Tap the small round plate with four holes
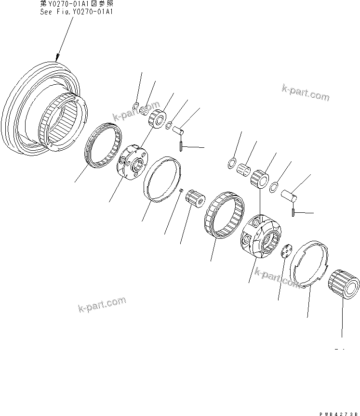[x=287, y=249]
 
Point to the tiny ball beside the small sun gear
[x=180, y=192]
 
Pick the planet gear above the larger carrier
[x=261, y=177]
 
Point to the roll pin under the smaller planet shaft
[x=180, y=144]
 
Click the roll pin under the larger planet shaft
[x=293, y=212]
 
